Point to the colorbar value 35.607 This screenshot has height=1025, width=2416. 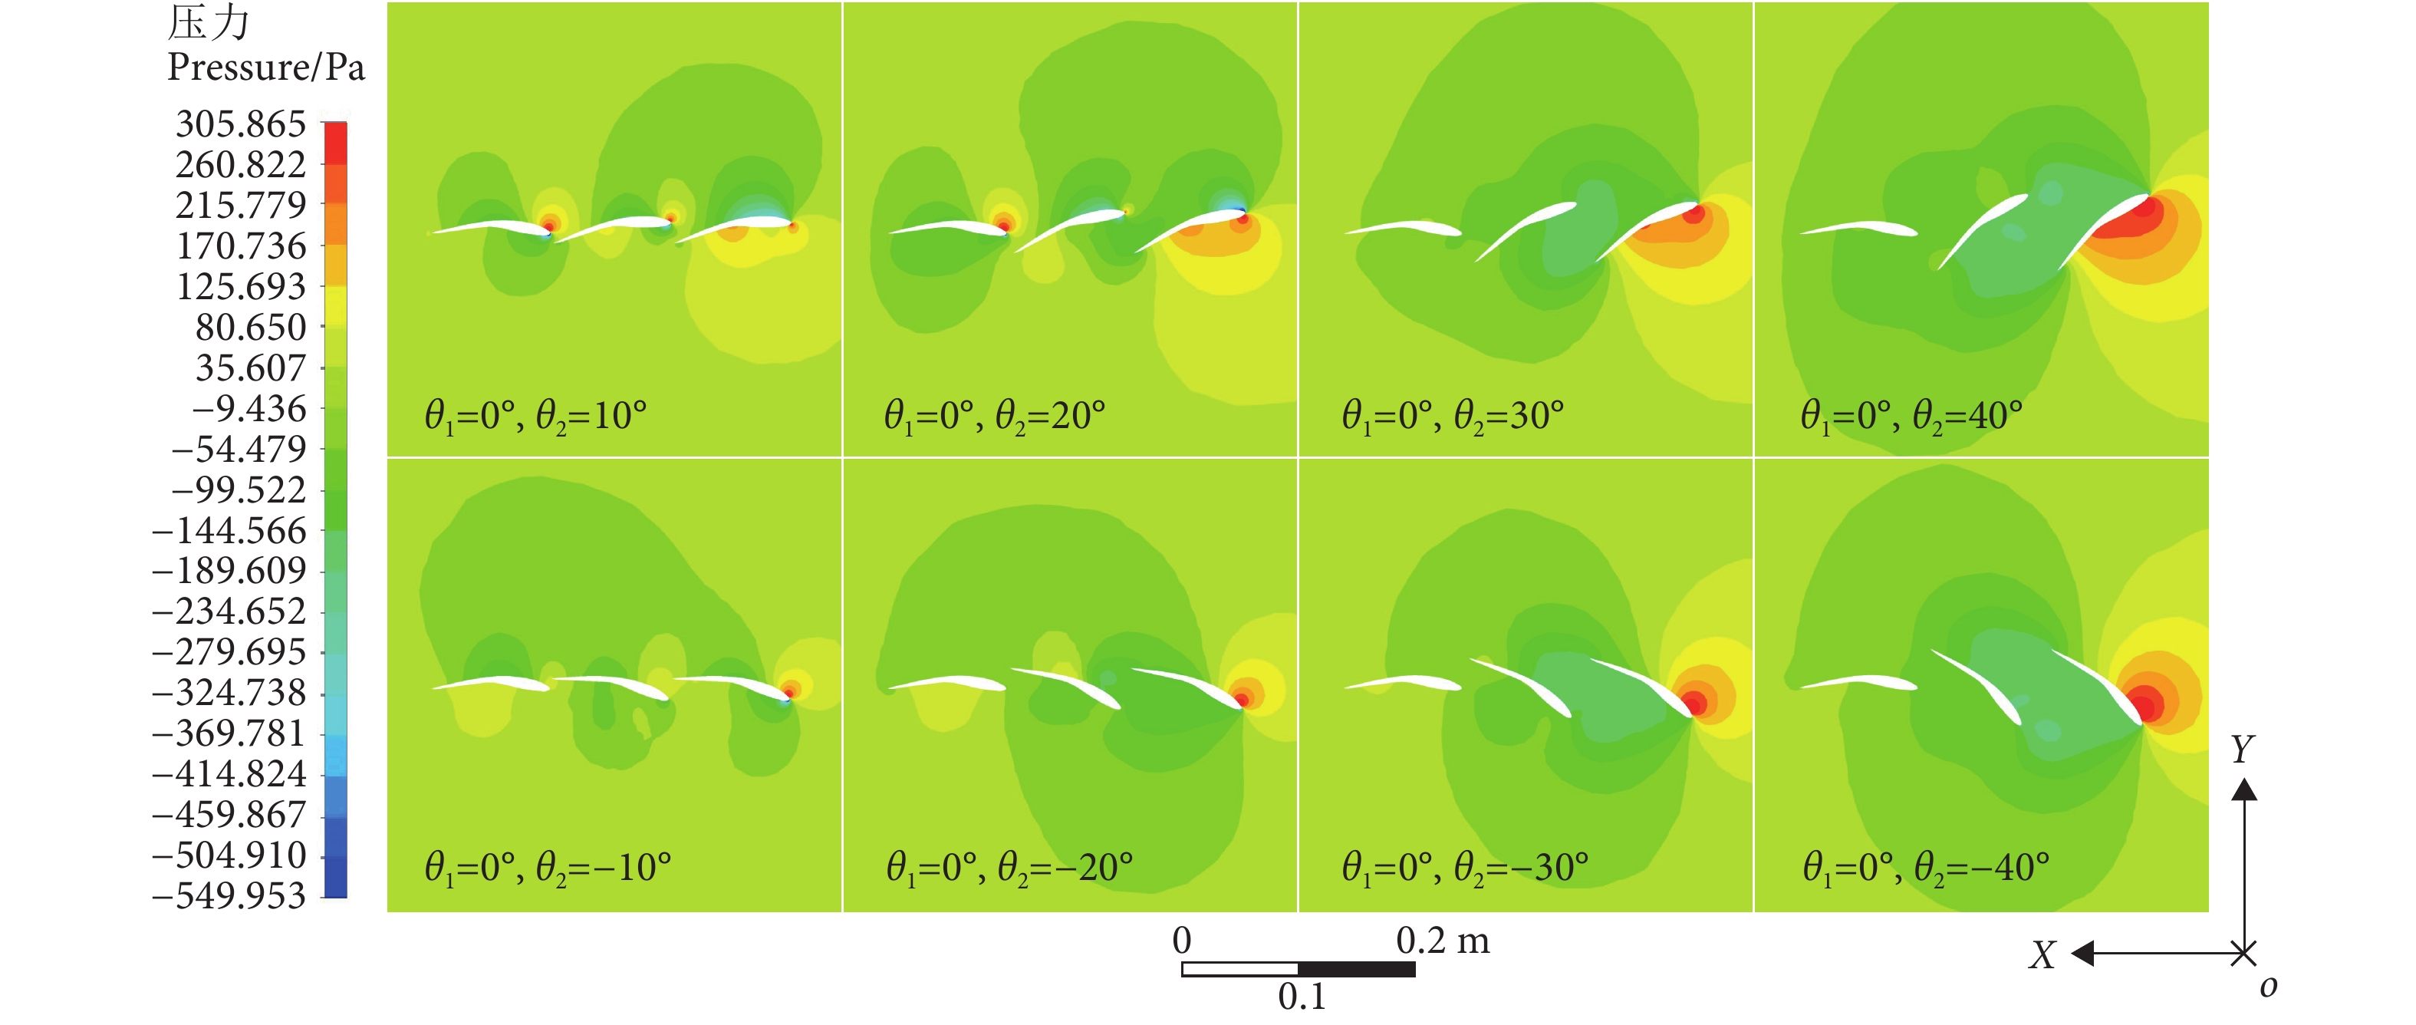pyautogui.click(x=250, y=368)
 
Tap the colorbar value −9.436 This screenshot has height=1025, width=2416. pyautogui.click(x=249, y=409)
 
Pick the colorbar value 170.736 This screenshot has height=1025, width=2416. pyautogui.click(x=241, y=246)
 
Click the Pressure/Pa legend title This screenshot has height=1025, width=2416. pyautogui.click(x=265, y=68)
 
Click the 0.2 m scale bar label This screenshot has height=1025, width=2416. pyautogui.click(x=1443, y=941)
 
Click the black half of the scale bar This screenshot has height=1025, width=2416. pyautogui.click(x=1356, y=970)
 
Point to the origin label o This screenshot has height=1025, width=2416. pyautogui.click(x=2268, y=987)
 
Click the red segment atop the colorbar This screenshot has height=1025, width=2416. pyautogui.click(x=335, y=143)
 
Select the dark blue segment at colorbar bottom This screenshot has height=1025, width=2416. pyautogui.click(x=335, y=878)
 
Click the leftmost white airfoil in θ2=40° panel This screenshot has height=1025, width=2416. pyautogui.click(x=1857, y=229)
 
